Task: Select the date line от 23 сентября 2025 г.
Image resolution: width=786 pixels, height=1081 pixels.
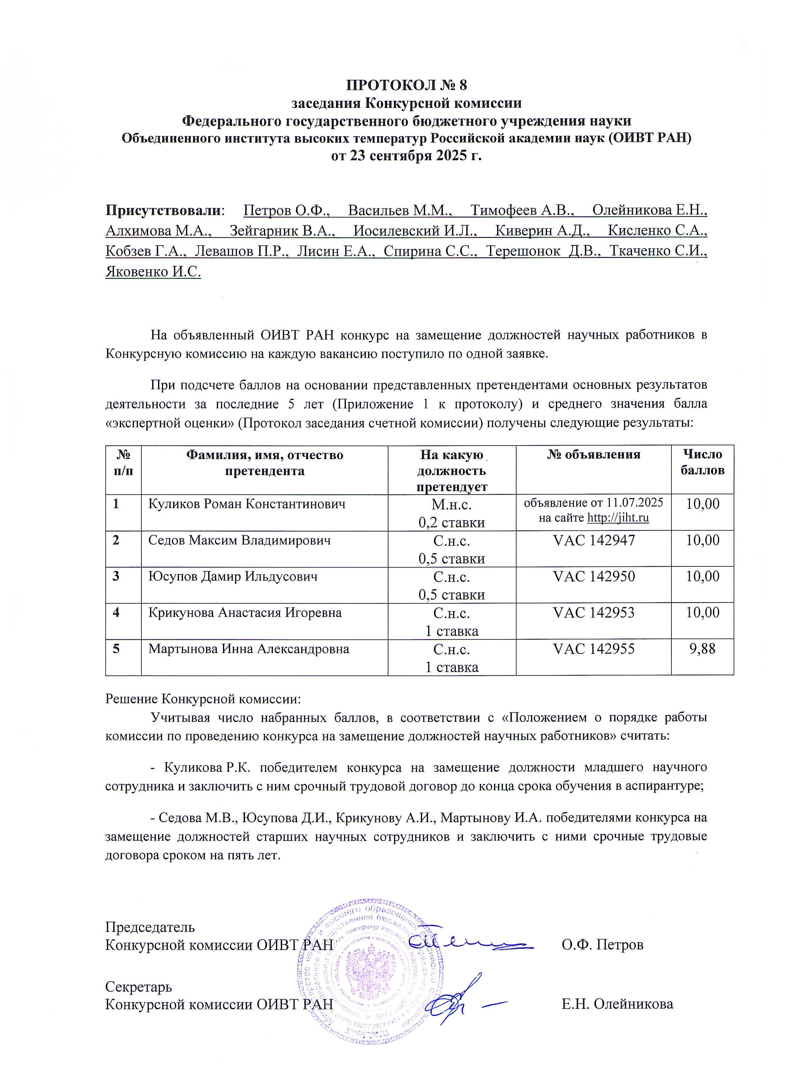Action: pos(406,156)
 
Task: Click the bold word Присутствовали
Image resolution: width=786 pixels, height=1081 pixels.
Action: pos(165,210)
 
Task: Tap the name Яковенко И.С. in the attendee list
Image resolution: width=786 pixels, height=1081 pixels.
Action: pos(153,272)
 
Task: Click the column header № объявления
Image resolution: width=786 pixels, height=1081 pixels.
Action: pos(593,454)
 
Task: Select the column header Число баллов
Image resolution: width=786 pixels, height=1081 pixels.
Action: pos(702,462)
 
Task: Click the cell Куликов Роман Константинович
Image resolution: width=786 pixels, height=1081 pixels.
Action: pos(247,504)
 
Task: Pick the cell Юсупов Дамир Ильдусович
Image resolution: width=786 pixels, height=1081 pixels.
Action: pos(233,577)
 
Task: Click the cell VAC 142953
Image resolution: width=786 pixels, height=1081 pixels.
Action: pos(593,613)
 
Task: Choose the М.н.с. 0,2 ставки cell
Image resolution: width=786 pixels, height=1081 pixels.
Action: pos(452,513)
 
